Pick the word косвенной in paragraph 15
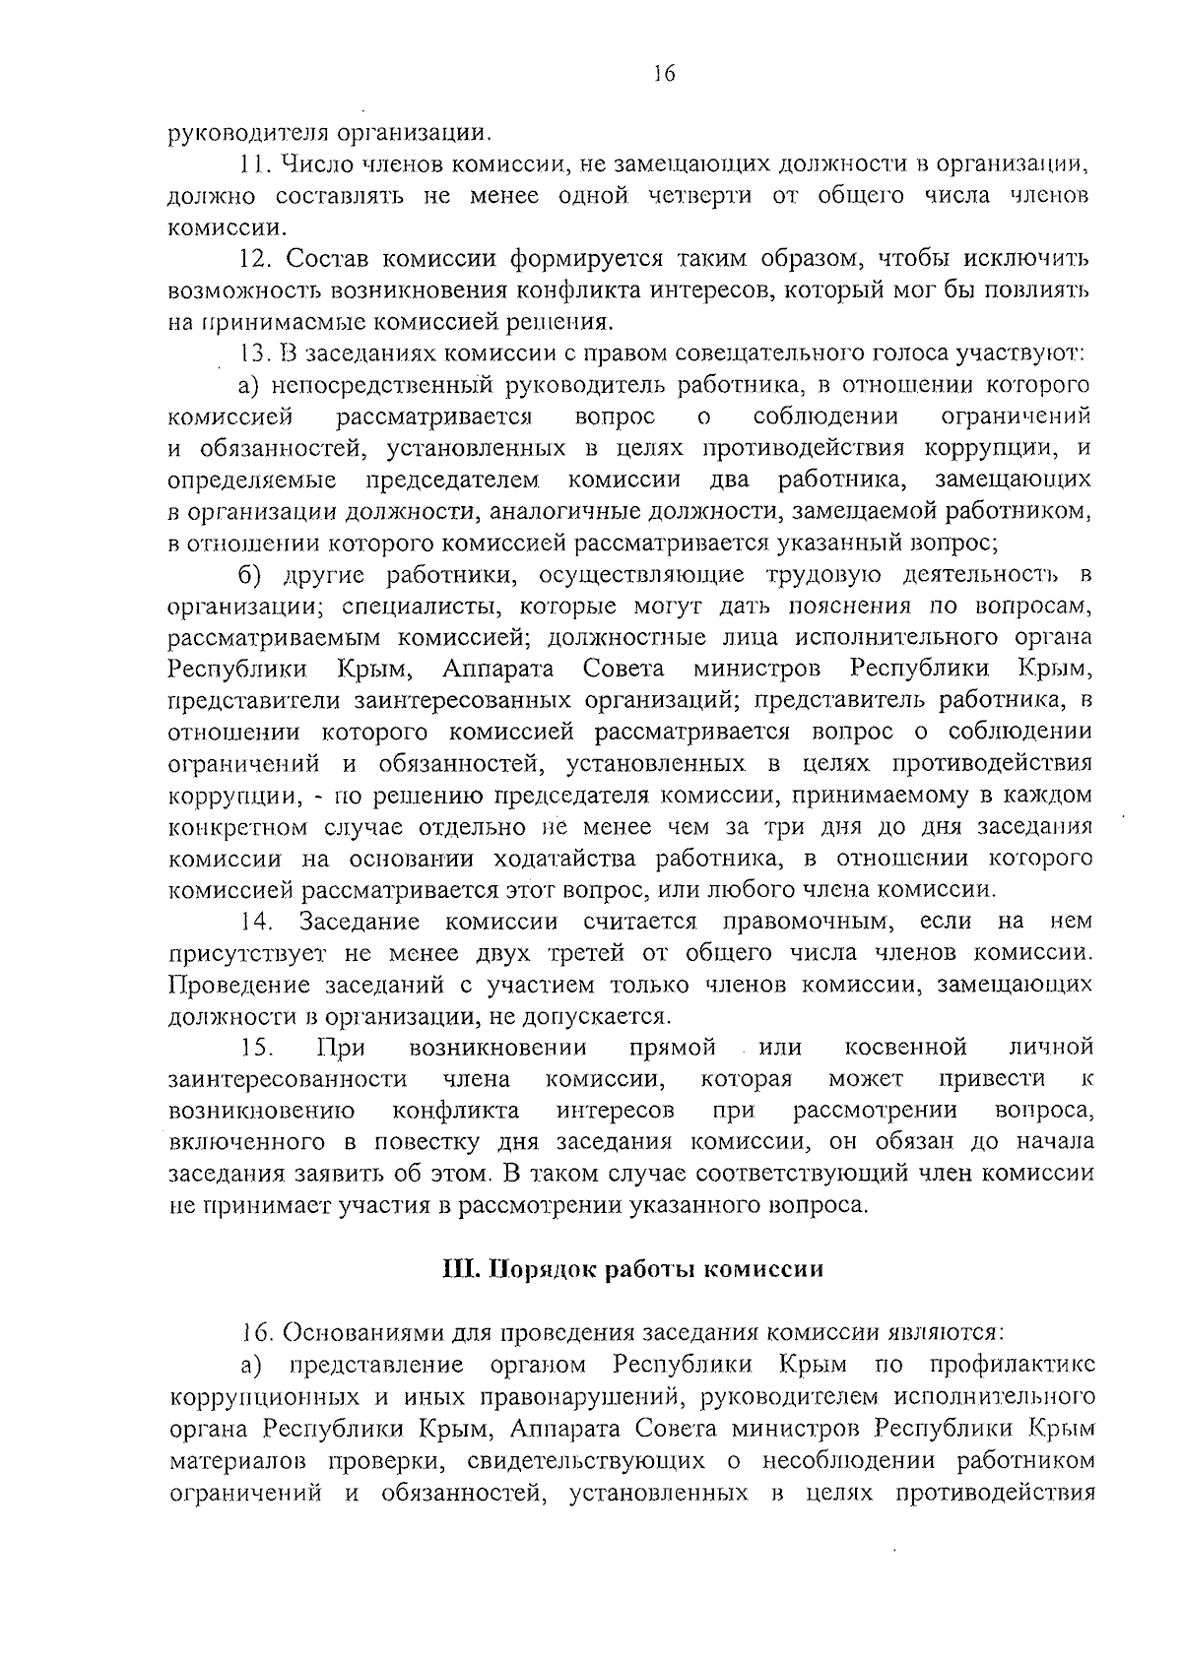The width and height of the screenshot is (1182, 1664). tap(905, 1047)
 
